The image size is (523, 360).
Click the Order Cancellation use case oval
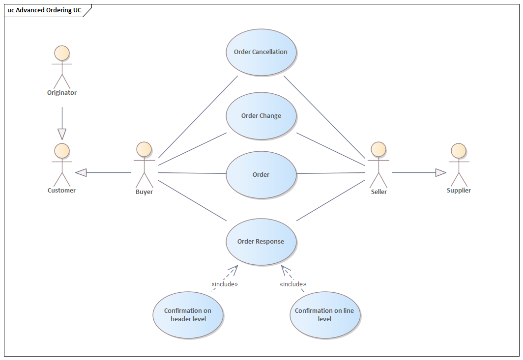[x=261, y=52]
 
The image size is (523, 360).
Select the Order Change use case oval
[x=261, y=116]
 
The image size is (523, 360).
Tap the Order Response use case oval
[x=261, y=241]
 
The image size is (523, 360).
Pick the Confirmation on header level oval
[x=188, y=315]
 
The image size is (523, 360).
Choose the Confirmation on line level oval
[x=324, y=315]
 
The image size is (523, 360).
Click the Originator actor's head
[x=62, y=53]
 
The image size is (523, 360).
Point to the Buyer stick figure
[x=144, y=164]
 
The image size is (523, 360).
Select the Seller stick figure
[x=378, y=164]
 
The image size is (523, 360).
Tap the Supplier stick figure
[x=458, y=164]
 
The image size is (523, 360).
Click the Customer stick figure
[x=62, y=164]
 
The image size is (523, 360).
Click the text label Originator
[x=62, y=92]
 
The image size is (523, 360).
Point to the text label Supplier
[x=458, y=190]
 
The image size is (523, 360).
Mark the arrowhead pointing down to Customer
[x=62, y=134]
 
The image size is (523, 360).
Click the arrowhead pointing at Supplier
[x=440, y=172]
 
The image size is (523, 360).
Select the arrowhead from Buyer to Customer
[x=81, y=172]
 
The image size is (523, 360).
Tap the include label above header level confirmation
[x=224, y=284]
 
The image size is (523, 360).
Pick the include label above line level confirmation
[x=292, y=284]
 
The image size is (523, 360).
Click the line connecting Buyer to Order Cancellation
[x=198, y=116]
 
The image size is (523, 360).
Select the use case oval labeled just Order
[x=261, y=174]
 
